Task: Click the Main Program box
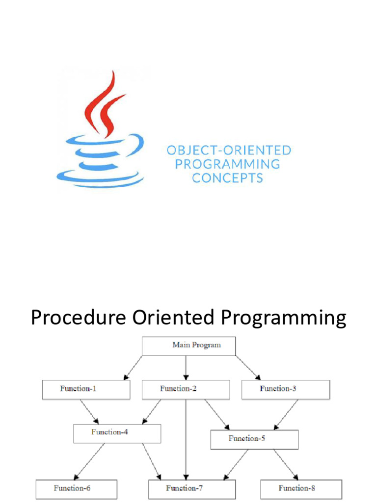coord(188,346)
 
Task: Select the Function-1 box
coord(86,389)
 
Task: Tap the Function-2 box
coord(186,389)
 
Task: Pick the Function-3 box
coord(286,389)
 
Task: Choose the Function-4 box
coord(117,433)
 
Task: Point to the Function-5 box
coord(254,439)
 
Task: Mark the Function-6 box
coord(76,489)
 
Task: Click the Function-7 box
coord(192,489)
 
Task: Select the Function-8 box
coord(301,489)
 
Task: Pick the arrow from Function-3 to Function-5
coord(286,414)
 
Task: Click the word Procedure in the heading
coord(78,318)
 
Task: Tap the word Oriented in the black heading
coord(173,318)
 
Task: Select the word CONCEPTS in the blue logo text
coord(227,177)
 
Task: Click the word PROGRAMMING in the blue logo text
coord(227,164)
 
